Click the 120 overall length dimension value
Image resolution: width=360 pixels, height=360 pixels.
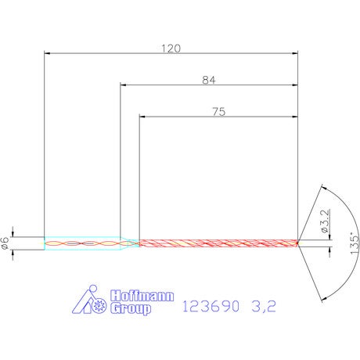click(171, 49)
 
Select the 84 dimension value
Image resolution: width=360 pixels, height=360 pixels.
click(209, 80)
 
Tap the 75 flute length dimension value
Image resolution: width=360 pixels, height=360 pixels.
click(219, 112)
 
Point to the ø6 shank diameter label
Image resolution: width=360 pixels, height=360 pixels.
click(5, 243)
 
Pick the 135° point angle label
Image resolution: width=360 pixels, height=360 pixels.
click(355, 243)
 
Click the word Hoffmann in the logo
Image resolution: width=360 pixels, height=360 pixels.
click(142, 296)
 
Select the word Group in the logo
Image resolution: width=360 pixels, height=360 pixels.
click(131, 308)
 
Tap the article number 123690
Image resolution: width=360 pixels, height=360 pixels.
click(211, 306)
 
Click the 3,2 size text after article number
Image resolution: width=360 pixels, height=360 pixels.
click(264, 306)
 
